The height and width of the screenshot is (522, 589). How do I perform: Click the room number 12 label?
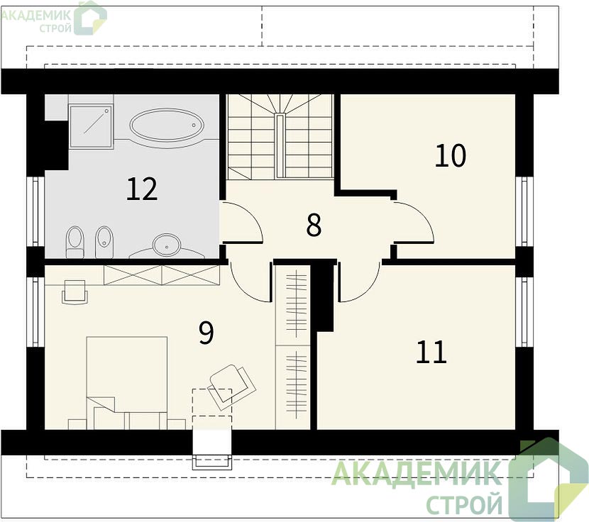(x=142, y=189)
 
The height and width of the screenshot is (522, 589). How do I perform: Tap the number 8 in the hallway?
(x=314, y=225)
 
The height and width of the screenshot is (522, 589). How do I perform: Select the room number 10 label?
(x=451, y=155)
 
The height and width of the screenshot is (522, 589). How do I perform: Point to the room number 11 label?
(x=431, y=352)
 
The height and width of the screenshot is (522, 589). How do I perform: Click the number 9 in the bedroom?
(x=206, y=332)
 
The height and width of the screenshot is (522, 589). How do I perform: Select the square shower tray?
(x=91, y=126)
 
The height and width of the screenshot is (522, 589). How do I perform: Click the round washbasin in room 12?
(x=166, y=244)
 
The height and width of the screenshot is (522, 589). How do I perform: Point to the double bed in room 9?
(x=127, y=383)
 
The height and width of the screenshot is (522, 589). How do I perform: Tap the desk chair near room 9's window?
(x=75, y=291)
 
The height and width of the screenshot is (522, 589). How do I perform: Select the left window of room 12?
(x=35, y=211)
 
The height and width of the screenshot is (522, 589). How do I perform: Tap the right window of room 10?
(x=524, y=211)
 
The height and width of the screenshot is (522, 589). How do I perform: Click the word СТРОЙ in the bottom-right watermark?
(x=465, y=504)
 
